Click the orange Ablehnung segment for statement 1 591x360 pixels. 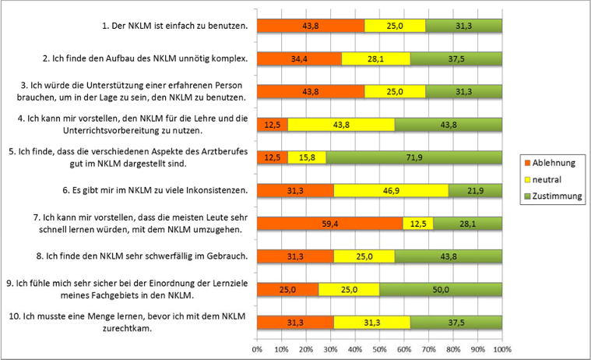(311, 26)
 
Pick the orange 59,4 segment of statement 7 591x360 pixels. (330, 224)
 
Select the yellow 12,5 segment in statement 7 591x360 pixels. (418, 224)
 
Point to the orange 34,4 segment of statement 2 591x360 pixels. (299, 58)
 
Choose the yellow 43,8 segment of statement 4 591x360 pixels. (341, 125)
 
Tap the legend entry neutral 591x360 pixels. (547, 180)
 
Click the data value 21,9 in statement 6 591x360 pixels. (475, 190)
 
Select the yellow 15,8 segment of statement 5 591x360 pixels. (307, 157)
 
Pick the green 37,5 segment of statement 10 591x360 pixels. (456, 323)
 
